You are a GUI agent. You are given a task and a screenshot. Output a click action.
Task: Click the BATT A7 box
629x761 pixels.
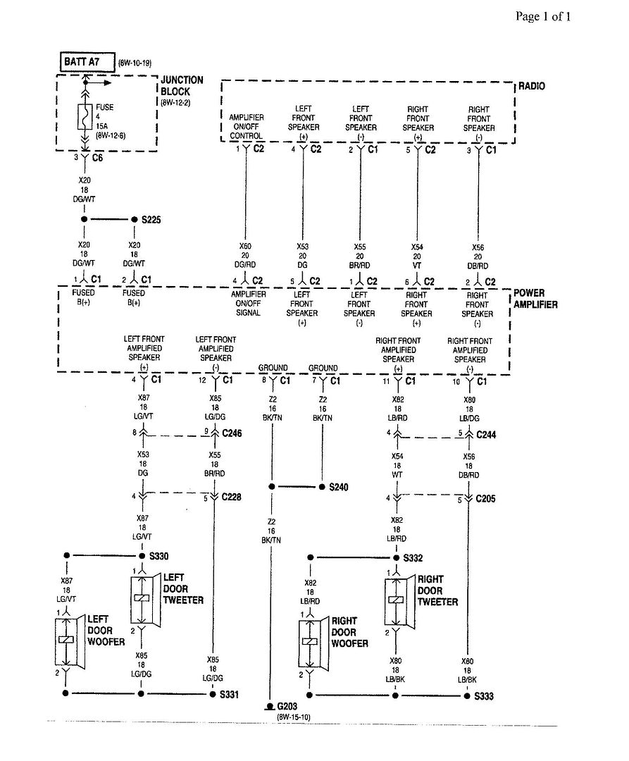tap(88, 62)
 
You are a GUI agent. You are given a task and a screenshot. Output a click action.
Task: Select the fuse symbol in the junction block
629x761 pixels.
tap(85, 117)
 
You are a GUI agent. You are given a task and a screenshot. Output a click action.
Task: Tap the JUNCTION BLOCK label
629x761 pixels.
tap(182, 86)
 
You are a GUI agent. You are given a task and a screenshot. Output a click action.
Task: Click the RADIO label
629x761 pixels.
tap(532, 87)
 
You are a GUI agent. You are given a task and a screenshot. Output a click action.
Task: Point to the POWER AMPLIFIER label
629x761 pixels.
tap(535, 299)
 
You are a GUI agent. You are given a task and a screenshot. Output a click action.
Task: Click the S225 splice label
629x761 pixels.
tap(151, 220)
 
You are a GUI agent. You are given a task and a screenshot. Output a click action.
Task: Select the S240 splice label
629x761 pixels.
tap(339, 487)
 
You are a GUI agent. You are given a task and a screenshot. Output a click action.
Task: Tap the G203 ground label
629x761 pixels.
tap(287, 706)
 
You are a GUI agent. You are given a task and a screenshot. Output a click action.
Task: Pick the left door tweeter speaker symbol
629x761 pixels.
tap(146, 600)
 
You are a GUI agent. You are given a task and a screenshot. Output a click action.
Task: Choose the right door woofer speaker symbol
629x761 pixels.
tap(313, 642)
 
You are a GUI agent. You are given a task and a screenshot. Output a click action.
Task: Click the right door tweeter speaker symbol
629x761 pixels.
tap(399, 602)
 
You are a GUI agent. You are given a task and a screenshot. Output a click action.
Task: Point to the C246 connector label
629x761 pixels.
tap(232, 433)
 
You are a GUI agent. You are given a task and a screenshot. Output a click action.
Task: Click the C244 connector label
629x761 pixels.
tap(486, 435)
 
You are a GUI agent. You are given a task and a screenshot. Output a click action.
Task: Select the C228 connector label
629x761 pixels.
tap(231, 497)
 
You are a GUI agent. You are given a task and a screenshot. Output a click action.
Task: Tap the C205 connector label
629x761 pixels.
tap(485, 498)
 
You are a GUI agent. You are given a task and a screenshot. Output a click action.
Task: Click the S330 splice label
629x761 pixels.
tap(158, 556)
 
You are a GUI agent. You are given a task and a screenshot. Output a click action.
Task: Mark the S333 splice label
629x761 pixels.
tap(483, 696)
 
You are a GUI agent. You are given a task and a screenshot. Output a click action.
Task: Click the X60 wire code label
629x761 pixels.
tap(245, 247)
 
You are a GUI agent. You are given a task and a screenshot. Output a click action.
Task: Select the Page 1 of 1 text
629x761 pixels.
tap(543, 16)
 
